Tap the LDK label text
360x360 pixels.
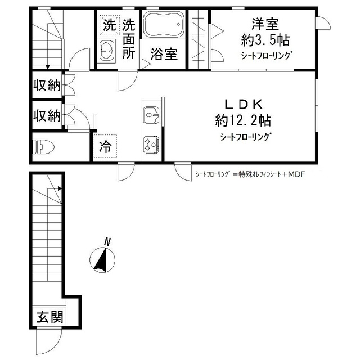point(243,105)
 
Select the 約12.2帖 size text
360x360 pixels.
point(243,120)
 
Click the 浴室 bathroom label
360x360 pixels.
point(164,55)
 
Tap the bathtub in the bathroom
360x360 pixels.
point(164,26)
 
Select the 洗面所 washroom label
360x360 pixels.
point(129,39)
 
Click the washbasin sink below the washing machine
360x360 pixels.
point(107,51)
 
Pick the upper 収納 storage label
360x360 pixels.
point(46,85)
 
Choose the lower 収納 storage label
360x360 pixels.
point(46,116)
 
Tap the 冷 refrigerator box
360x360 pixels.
point(106,147)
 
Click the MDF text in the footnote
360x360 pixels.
point(295,174)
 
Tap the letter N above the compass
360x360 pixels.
point(107,242)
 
